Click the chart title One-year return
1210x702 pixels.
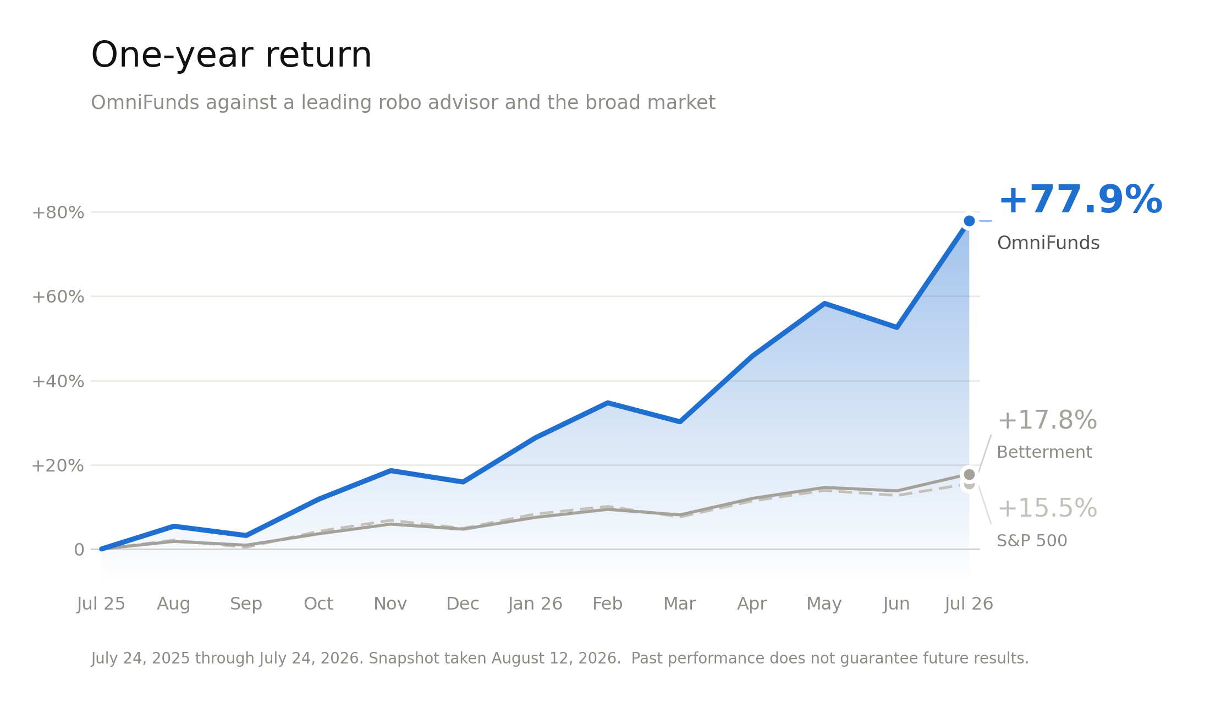[231, 56]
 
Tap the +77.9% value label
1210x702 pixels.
[1080, 200]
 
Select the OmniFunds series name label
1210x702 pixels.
[1048, 243]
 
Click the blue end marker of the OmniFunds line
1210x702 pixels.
[969, 221]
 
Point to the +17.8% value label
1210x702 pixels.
[1047, 421]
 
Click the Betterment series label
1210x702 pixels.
[1044, 452]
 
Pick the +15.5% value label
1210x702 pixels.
[1047, 509]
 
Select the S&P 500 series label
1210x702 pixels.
[1032, 541]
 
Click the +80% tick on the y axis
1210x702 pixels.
[58, 213]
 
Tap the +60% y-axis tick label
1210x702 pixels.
[58, 297]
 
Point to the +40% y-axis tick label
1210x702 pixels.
[58, 382]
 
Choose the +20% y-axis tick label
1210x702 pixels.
[58, 466]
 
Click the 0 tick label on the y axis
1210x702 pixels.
[79, 550]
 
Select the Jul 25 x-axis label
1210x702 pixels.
[101, 604]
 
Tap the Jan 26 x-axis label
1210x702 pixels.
[535, 604]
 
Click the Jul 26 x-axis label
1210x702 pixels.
[969, 604]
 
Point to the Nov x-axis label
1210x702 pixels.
[390, 604]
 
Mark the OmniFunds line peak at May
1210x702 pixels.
[824, 304]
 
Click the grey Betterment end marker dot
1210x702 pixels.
[969, 474]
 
